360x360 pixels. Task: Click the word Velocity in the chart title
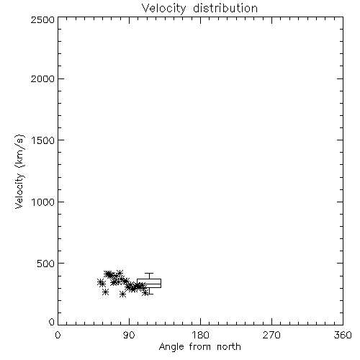tap(164, 9)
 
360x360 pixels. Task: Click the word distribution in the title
tap(225, 8)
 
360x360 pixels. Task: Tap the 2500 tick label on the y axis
tap(42, 19)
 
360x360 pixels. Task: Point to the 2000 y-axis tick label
tap(42, 78)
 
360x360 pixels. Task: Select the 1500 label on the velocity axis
tap(43, 140)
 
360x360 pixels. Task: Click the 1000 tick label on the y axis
tap(43, 202)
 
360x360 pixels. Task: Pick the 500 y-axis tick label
tap(46, 264)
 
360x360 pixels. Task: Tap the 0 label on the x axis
tap(58, 335)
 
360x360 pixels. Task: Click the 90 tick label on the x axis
tap(129, 335)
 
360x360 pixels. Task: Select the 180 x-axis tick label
tap(200, 335)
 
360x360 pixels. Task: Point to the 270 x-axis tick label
tap(271, 335)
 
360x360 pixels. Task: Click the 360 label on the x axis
tap(343, 335)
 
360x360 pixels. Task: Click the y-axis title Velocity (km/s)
tap(19, 171)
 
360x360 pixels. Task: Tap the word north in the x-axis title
tap(229, 347)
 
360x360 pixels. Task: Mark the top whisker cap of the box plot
tap(149, 273)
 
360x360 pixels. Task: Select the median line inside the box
tap(149, 284)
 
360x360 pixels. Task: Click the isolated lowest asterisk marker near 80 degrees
tap(122, 294)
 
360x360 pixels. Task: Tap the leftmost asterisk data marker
tap(101, 282)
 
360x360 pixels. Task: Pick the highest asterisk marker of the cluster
tap(120, 273)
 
